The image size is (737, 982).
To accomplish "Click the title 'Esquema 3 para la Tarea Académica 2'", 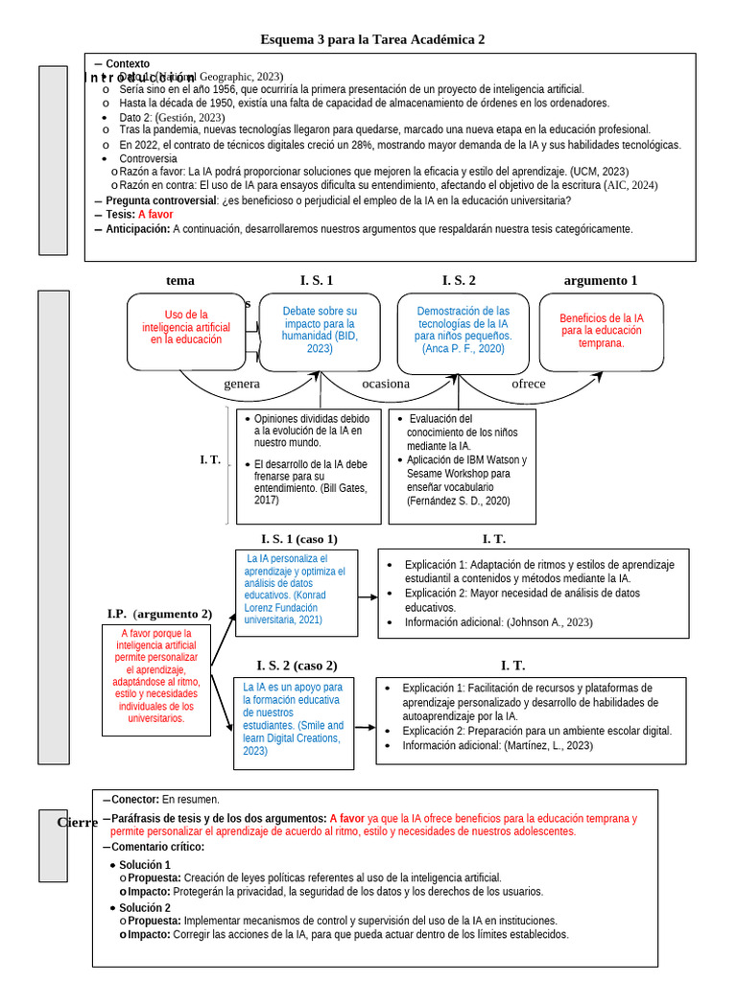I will [372, 39].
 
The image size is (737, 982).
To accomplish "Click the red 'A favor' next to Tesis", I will [155, 215].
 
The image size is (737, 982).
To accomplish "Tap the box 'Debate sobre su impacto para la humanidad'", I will [320, 330].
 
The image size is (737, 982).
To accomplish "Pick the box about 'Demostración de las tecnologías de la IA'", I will [463, 330].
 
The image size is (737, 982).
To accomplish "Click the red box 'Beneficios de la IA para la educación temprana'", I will [602, 331].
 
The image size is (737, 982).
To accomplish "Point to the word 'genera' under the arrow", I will [242, 384].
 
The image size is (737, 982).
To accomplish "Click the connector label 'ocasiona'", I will [385, 384].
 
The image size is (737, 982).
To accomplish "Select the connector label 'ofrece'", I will [528, 384].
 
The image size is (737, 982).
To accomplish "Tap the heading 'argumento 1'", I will [601, 281].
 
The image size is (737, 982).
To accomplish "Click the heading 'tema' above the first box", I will [179, 281].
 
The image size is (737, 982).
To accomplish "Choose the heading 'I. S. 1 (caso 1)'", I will [299, 539].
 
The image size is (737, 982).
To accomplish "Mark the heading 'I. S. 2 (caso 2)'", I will [297, 666].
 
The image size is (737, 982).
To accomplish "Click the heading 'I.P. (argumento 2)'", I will [159, 614].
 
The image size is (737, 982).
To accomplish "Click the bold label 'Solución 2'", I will [145, 907].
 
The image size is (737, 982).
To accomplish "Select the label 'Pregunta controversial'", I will [160, 200].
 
